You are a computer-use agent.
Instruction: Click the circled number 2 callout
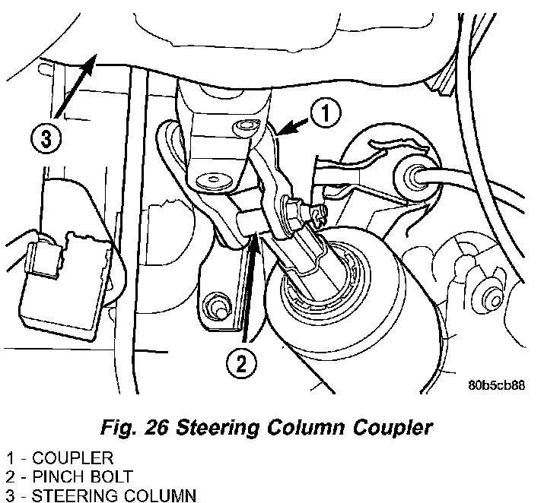click(x=241, y=365)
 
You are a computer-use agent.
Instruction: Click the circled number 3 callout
click(x=46, y=138)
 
